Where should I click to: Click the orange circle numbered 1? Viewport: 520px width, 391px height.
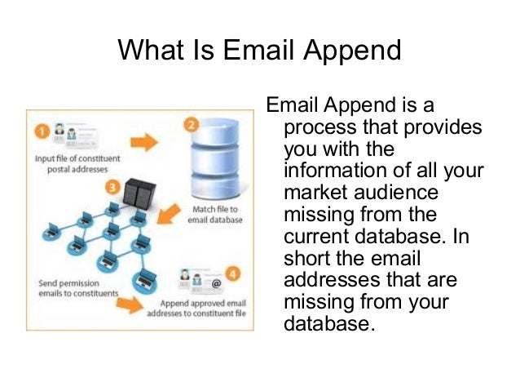[40, 130]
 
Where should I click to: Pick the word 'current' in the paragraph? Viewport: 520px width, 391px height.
[318, 236]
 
